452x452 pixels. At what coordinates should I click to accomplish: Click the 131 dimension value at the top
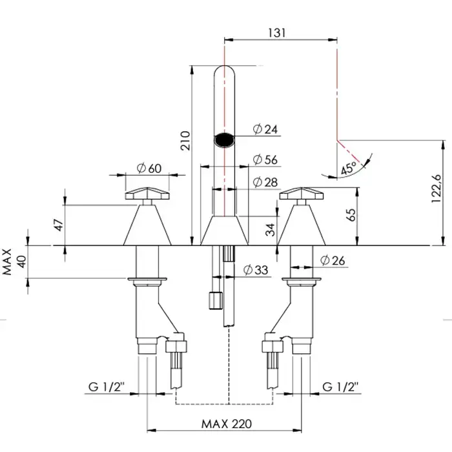pyautogui.click(x=281, y=32)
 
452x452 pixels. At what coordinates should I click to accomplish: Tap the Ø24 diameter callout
pyautogui.click(x=265, y=130)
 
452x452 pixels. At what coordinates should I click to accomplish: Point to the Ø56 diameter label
pyautogui.click(x=265, y=159)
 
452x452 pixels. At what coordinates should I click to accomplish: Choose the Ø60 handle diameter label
pyautogui.click(x=148, y=169)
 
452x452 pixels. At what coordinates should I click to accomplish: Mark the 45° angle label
pyautogui.click(x=349, y=169)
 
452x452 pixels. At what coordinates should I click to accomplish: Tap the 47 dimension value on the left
pyautogui.click(x=59, y=225)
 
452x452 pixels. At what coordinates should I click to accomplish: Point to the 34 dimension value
pyautogui.click(x=270, y=228)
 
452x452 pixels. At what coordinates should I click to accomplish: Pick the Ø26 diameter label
pyautogui.click(x=333, y=260)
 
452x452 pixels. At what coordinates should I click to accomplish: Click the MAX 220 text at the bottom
pyautogui.click(x=226, y=424)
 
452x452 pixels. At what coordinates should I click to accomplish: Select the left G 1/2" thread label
pyautogui.click(x=106, y=387)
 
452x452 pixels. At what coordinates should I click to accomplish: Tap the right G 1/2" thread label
pyautogui.click(x=342, y=387)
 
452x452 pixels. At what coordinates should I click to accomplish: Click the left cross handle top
pyautogui.click(x=148, y=193)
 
